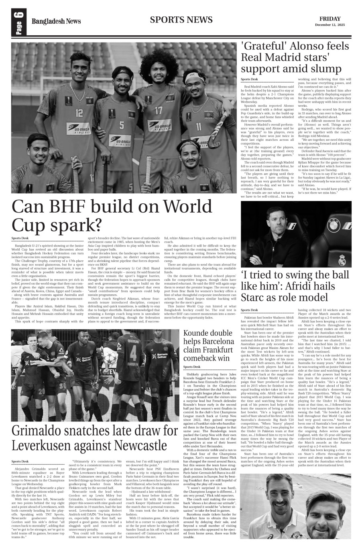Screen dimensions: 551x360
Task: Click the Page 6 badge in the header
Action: coord(19,22)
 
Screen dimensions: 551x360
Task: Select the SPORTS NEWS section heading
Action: coord(181,20)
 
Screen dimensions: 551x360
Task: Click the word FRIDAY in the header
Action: coord(330,19)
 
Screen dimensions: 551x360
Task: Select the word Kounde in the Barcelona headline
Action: coord(199,344)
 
